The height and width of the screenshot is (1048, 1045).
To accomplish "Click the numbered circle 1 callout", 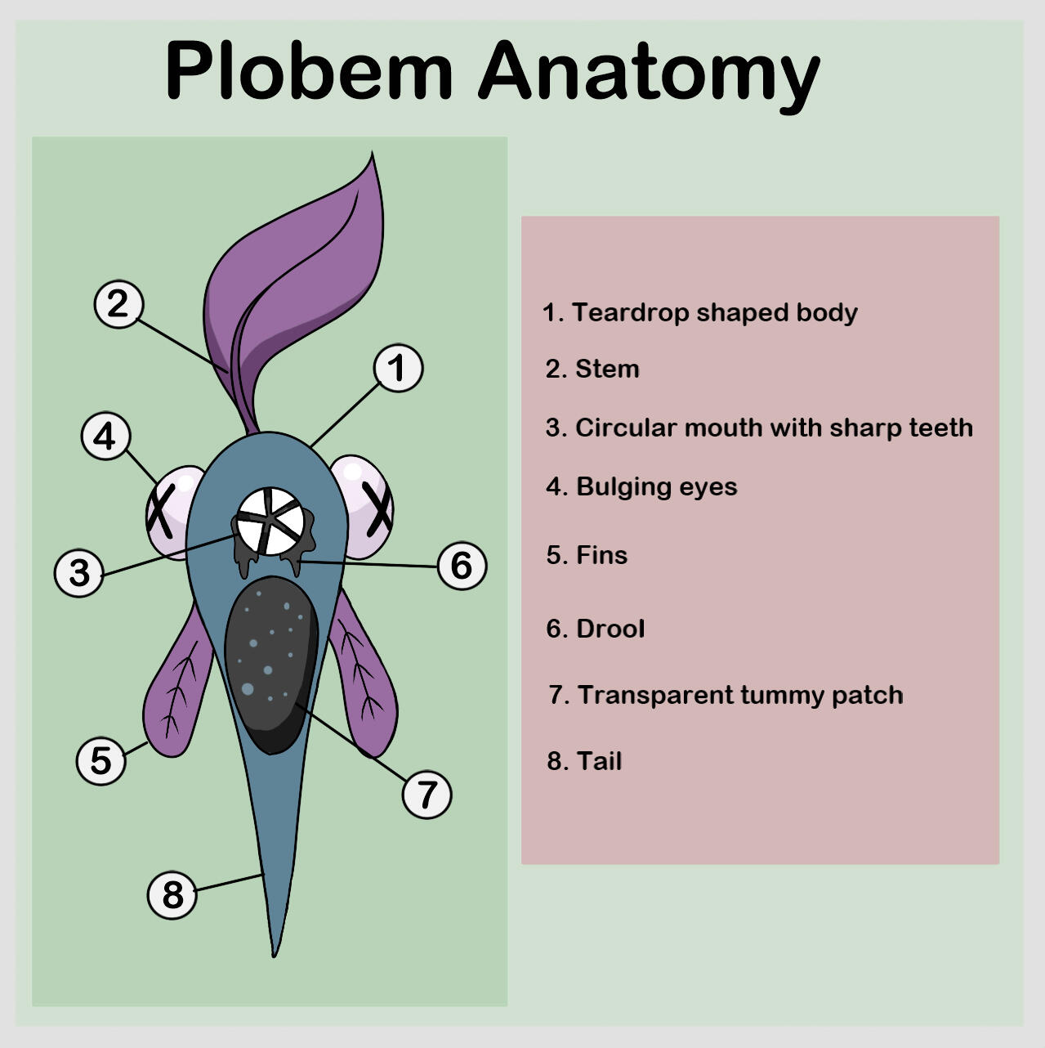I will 398,368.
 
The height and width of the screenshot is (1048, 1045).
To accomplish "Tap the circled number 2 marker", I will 118,304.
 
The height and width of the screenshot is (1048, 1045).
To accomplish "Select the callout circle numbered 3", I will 78,572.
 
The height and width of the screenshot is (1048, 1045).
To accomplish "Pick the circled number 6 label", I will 462,566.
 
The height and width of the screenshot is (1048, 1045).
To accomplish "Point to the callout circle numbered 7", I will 426,794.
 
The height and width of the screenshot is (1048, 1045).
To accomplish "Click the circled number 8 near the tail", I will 172,894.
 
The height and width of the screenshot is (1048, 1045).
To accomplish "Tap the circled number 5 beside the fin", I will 100,761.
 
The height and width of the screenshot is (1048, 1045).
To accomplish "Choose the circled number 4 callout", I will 105,437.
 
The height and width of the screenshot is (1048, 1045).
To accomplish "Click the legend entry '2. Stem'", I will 592,369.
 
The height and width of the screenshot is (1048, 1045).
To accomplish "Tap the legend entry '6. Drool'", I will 595,629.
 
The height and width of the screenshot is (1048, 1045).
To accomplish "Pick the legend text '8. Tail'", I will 584,761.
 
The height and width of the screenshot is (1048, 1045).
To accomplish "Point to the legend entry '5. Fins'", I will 587,555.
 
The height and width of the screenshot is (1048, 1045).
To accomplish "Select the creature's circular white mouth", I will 270,521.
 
